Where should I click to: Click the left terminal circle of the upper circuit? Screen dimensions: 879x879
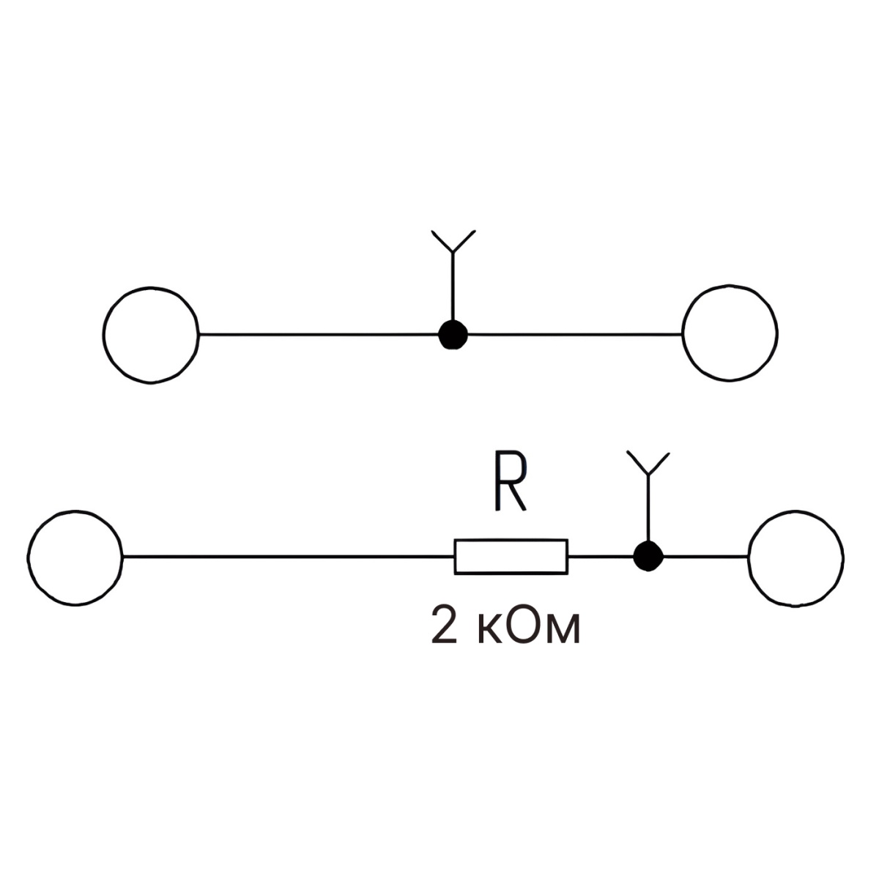(151, 334)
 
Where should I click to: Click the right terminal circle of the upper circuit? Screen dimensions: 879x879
(730, 334)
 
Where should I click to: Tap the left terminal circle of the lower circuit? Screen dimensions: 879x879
(75, 557)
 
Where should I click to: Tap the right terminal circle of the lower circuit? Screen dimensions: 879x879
(796, 557)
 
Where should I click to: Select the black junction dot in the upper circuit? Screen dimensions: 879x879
(453, 335)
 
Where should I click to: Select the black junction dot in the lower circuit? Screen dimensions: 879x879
(648, 557)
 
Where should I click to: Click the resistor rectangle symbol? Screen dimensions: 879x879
(511, 557)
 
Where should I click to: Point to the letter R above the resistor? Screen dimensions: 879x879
(508, 483)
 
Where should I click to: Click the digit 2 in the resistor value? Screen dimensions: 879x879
(443, 626)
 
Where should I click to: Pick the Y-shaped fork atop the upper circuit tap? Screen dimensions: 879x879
(453, 242)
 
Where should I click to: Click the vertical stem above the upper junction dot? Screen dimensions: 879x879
(453, 289)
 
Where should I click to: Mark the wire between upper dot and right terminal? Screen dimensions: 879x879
(575, 335)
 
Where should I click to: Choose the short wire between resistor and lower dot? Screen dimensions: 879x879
(601, 557)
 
